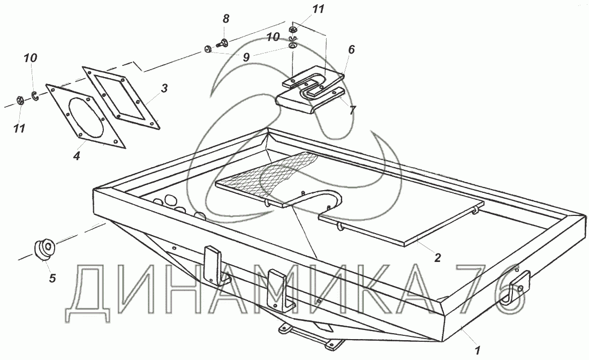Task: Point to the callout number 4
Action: click(77, 156)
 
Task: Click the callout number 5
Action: click(52, 277)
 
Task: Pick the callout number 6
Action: click(351, 49)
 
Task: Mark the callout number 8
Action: click(226, 19)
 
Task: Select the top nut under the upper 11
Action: click(293, 29)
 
